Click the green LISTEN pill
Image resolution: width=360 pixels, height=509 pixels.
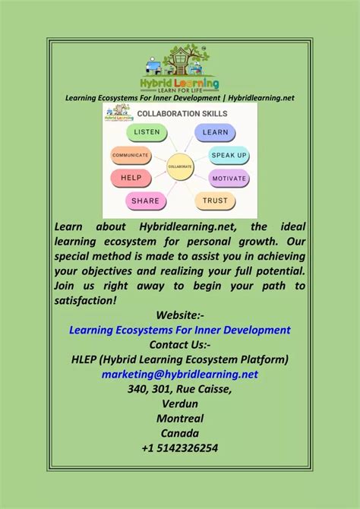pos(147,132)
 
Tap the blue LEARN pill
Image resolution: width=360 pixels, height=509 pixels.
pos(215,132)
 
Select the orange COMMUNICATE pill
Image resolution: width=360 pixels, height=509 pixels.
pos(131,155)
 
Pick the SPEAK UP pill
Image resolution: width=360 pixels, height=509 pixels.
pos(229,155)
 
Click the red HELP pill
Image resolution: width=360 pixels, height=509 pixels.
pos(131,178)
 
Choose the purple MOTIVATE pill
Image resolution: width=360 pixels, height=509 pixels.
pos(229,179)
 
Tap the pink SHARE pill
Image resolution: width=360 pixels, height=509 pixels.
pos(145,201)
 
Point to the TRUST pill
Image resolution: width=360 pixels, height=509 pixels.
pos(215,201)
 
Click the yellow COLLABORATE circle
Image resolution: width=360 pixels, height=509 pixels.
pos(180,167)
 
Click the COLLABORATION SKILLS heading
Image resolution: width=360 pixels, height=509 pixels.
pos(182,114)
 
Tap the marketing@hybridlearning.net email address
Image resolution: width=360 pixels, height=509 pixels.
pos(180,375)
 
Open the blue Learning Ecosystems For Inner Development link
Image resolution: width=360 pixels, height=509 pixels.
pos(180,330)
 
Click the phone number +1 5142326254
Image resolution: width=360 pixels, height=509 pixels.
pos(180,448)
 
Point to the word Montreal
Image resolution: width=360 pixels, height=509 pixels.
pos(180,419)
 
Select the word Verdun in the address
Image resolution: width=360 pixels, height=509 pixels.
pos(180,404)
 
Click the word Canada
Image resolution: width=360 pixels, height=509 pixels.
pos(180,433)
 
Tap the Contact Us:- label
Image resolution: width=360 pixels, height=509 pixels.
pos(180,345)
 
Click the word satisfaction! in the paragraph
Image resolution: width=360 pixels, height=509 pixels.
pos(85,301)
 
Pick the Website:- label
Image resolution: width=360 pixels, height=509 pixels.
pos(180,315)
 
